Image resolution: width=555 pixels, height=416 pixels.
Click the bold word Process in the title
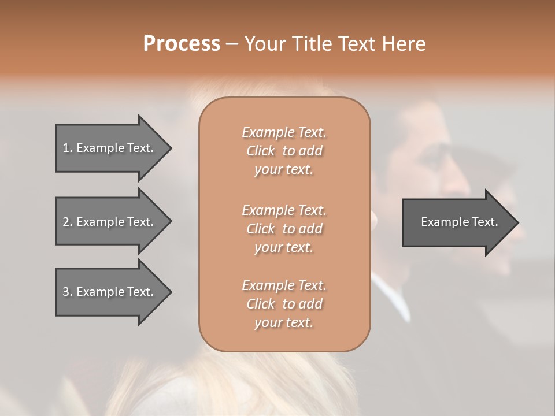[x=182, y=44]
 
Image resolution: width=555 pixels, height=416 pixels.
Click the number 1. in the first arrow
[x=68, y=148]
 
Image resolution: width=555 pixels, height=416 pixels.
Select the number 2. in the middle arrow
[x=68, y=222]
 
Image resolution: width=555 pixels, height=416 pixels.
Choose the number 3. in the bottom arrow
[x=68, y=292]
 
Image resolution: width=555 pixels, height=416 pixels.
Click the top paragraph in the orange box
[x=284, y=151]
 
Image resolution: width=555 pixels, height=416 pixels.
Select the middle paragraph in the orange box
[x=284, y=229]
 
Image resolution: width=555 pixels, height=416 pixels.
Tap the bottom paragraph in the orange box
[x=284, y=304]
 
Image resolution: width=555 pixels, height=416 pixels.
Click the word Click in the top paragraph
[x=261, y=151]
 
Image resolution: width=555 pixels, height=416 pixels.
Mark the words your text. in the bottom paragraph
[x=284, y=323]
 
